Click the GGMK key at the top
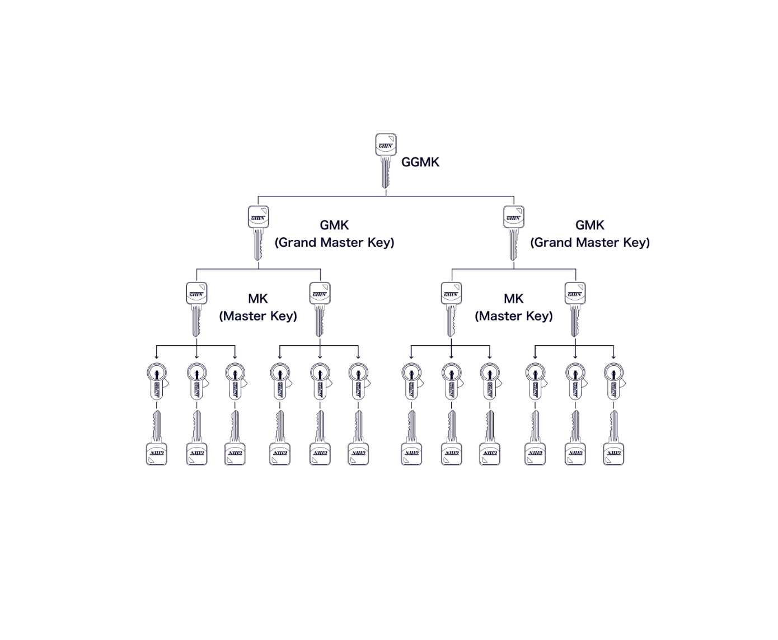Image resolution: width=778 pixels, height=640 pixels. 386,159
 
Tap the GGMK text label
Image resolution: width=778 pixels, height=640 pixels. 420,162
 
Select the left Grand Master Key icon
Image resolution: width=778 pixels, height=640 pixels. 258,232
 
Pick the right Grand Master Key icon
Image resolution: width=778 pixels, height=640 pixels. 513,232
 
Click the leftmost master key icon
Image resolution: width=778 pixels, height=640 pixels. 196,308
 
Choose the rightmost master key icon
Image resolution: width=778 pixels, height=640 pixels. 575,308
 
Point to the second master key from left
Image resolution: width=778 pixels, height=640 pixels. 320,308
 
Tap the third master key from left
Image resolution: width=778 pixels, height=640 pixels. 451,308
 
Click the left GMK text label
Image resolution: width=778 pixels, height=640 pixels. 334,225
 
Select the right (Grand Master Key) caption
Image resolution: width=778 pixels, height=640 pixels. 590,242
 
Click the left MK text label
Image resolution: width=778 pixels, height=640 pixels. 258,299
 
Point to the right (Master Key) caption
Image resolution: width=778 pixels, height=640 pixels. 514,316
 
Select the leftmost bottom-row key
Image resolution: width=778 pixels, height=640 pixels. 157,439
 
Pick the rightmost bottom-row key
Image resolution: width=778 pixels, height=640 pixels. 614,439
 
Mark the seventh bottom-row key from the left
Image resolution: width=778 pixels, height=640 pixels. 411,439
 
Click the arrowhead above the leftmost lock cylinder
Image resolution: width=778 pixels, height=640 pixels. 157,356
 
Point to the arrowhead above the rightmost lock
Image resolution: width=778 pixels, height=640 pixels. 614,356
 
